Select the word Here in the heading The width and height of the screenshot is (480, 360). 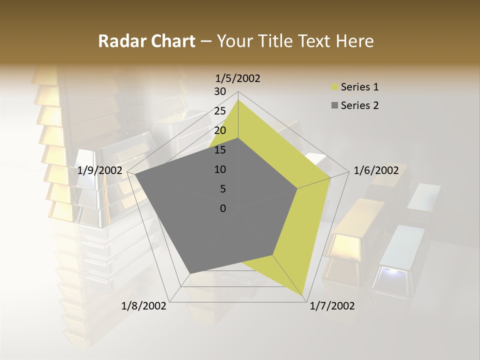355,41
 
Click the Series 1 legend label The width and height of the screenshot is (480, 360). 359,87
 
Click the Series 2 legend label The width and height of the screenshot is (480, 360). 359,105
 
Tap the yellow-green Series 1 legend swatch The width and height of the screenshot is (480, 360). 334,87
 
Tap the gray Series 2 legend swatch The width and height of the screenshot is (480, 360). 334,105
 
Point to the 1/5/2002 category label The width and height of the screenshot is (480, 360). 238,78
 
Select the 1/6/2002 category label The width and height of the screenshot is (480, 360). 376,170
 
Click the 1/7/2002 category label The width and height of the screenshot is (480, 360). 332,306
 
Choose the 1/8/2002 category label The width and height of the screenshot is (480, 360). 144,306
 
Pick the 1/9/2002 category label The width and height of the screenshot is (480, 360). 100,170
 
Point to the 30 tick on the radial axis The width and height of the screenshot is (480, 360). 220,91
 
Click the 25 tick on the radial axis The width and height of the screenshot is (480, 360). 220,111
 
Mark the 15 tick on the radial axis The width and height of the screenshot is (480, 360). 220,150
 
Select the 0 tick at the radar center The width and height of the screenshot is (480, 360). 223,208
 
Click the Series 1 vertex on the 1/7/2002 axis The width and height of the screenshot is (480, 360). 303,296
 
